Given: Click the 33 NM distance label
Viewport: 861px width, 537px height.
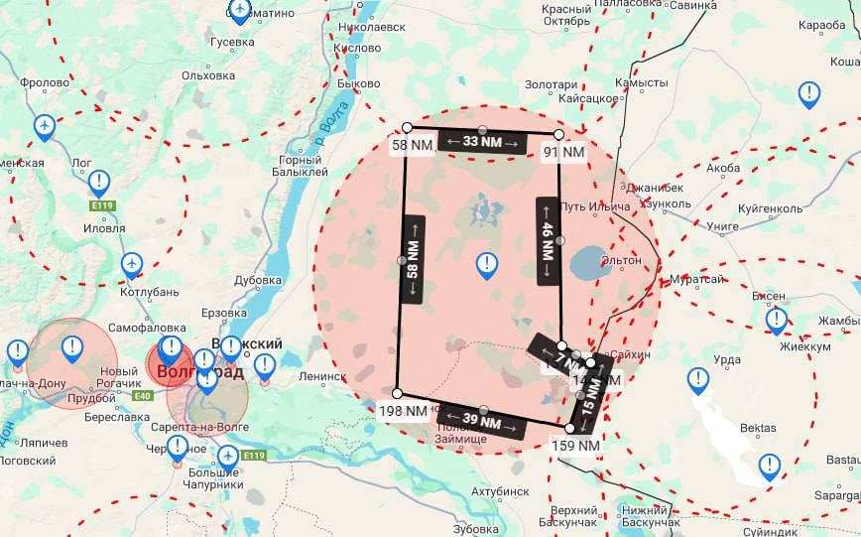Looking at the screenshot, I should [x=482, y=142].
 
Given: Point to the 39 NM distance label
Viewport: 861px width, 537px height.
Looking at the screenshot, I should [x=481, y=419].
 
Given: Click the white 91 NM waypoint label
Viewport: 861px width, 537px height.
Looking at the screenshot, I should [x=563, y=152].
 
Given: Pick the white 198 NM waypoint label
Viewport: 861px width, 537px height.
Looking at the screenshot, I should [x=403, y=409].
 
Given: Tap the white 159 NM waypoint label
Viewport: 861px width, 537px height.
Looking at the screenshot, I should [x=575, y=446].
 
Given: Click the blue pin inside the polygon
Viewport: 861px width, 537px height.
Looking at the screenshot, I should [x=487, y=264].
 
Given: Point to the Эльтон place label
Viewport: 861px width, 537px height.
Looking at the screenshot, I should [x=621, y=260].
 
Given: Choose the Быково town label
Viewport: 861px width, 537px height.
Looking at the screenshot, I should [x=359, y=83].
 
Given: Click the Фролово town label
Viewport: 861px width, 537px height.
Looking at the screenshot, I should [x=45, y=83].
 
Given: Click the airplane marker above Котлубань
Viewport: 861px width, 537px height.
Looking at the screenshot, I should [x=131, y=263].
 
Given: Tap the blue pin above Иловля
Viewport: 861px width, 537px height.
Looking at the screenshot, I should [x=99, y=182].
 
